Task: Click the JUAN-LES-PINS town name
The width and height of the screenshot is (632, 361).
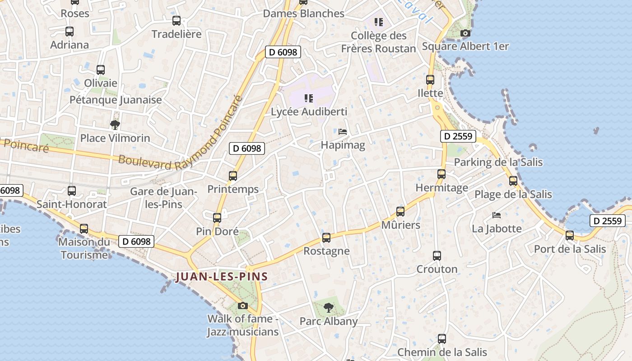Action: tap(222, 277)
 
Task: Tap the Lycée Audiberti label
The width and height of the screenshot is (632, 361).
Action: tap(309, 111)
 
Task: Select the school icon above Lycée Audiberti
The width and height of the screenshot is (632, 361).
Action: tap(309, 98)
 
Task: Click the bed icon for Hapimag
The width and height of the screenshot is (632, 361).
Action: tap(343, 132)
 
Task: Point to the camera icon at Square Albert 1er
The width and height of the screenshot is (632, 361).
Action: tap(465, 33)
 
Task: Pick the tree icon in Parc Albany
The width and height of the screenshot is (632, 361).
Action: tap(329, 308)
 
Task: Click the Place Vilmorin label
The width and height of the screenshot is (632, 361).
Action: tap(115, 138)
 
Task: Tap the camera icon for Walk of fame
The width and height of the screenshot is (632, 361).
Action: tap(243, 305)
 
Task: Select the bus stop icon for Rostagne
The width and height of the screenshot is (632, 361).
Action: tap(326, 237)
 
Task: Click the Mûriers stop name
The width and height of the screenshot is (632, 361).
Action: tap(400, 225)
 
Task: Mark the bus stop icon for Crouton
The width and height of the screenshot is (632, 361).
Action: tap(437, 256)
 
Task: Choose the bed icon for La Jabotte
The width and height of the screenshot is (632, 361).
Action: tap(497, 215)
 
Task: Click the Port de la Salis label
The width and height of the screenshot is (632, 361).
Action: tap(570, 249)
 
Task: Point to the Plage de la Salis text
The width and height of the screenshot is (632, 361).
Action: tap(513, 194)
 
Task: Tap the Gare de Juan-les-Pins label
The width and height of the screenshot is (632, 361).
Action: tap(163, 198)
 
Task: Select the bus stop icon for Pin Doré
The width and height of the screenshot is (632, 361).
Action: tap(217, 218)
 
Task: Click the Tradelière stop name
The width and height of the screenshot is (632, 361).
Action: tap(177, 34)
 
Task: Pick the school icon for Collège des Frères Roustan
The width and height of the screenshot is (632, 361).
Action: tap(379, 22)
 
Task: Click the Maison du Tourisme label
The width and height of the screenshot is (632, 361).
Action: tap(84, 248)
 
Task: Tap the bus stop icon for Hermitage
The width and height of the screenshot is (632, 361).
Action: tap(441, 174)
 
